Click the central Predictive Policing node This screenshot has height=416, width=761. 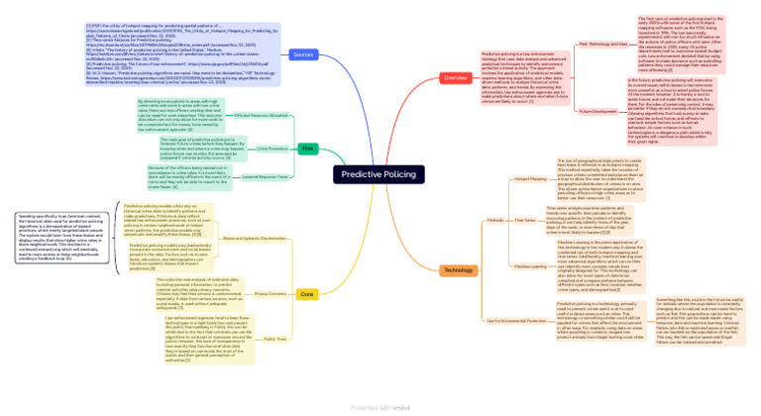[380, 173]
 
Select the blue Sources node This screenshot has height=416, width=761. [303, 53]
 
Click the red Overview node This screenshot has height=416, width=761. [456, 77]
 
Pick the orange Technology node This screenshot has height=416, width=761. [457, 269]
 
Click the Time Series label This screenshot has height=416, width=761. [525, 220]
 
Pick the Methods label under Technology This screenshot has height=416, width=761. [495, 220]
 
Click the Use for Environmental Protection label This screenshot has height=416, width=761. [516, 321]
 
